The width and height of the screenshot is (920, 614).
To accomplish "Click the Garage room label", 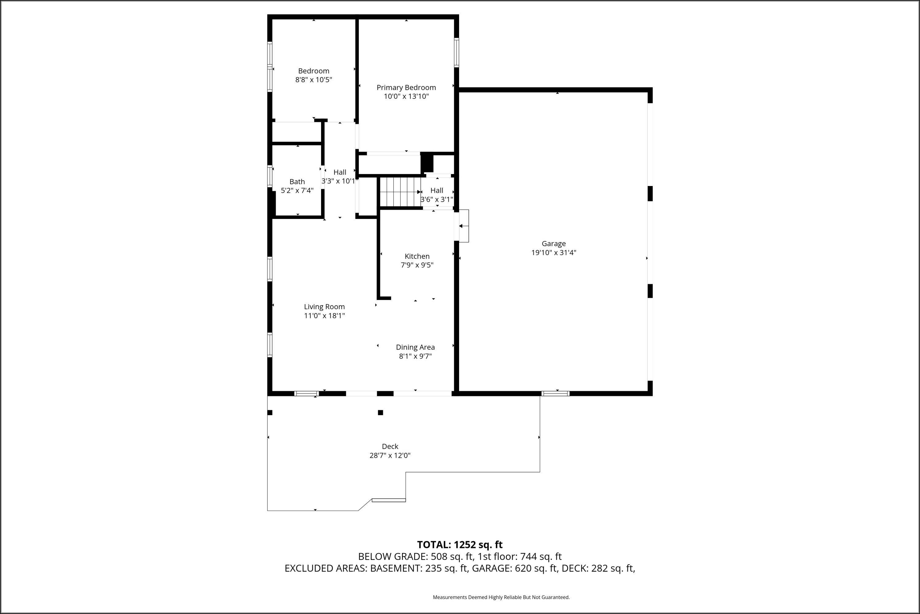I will click(554, 243).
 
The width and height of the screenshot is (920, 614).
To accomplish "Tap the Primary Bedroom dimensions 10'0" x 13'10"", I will click(406, 96).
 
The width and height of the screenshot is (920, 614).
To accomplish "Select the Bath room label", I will click(297, 182).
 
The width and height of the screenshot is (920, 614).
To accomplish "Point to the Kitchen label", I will click(417, 256).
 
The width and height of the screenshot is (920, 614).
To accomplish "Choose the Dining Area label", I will click(415, 347).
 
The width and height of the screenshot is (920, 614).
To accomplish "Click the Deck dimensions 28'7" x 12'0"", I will click(390, 455).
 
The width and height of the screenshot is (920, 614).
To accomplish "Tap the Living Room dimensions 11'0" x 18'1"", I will click(324, 316).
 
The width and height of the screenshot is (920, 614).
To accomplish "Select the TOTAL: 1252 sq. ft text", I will click(460, 545).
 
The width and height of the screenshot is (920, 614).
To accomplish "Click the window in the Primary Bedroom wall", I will click(456, 52).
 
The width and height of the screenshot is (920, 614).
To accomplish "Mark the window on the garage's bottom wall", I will click(555, 394).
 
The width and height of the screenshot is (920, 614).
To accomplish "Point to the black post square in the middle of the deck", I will click(380, 413).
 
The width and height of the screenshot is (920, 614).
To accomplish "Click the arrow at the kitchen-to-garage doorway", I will click(462, 226).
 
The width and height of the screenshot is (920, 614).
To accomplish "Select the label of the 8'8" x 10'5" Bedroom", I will click(314, 71).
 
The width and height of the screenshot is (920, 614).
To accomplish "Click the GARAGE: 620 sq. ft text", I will click(514, 569).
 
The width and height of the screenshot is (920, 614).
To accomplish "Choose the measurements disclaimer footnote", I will click(501, 597).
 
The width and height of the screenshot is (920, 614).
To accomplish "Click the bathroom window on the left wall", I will click(270, 176).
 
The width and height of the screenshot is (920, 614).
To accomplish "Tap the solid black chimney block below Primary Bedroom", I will click(427, 162).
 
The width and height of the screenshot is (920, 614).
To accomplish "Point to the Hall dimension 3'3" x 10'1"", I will click(339, 181).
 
